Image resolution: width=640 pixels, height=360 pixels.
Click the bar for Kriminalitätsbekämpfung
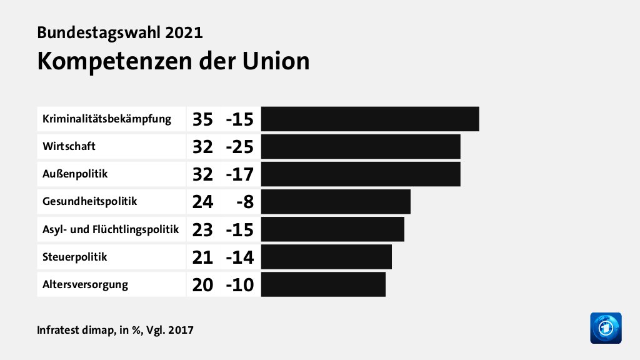pos(370,119)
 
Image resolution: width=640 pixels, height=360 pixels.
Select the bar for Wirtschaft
pos(361,146)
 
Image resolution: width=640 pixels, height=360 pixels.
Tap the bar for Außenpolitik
pos(361,174)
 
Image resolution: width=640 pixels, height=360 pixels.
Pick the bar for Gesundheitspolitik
pos(336,201)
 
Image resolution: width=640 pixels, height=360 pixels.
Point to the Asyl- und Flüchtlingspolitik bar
pos(332,229)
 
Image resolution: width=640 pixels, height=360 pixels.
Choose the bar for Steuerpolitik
pos(326,256)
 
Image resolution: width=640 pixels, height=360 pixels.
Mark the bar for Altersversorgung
pos(323,284)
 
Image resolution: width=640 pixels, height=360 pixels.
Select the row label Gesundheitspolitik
pos(89,201)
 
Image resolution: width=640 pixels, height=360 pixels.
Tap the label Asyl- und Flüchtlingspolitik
pos(111,229)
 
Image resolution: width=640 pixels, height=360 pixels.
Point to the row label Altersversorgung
pos(85,284)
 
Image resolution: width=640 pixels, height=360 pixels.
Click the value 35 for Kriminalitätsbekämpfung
pos(202,119)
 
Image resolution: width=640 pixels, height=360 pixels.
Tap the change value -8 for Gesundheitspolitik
pos(244,201)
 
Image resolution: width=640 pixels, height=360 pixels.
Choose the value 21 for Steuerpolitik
pos(202,256)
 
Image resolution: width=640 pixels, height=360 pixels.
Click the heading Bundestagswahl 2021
pos(120,32)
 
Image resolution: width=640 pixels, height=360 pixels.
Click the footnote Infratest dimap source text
pos(115,329)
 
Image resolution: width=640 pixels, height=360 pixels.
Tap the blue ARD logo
pos(606,327)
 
